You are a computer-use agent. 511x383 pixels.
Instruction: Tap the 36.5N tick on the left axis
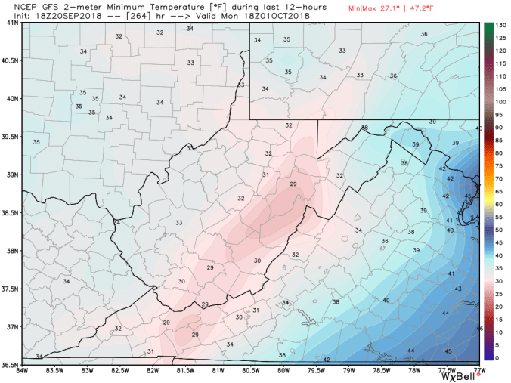point(10,364)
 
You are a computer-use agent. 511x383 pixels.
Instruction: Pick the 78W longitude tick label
point(414,371)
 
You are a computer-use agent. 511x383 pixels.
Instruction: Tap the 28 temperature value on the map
point(205,304)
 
